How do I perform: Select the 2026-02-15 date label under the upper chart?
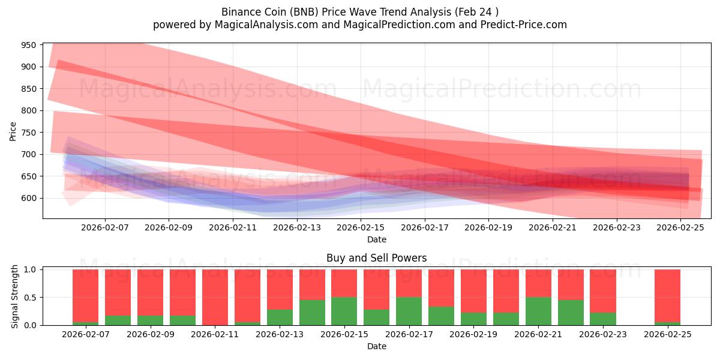(361, 227)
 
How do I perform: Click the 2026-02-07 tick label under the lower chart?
(85, 334)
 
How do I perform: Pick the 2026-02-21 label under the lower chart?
(539, 334)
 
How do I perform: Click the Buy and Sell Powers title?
(376, 258)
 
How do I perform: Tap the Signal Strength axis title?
(15, 297)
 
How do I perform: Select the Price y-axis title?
(13, 131)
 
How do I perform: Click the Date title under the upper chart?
(376, 239)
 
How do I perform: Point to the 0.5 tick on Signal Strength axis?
(30, 298)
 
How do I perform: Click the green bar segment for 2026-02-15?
(344, 311)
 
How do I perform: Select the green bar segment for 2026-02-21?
(539, 311)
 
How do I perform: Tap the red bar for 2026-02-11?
(215, 297)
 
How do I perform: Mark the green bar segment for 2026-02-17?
(409, 311)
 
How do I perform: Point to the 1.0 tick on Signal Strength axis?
(30, 269)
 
